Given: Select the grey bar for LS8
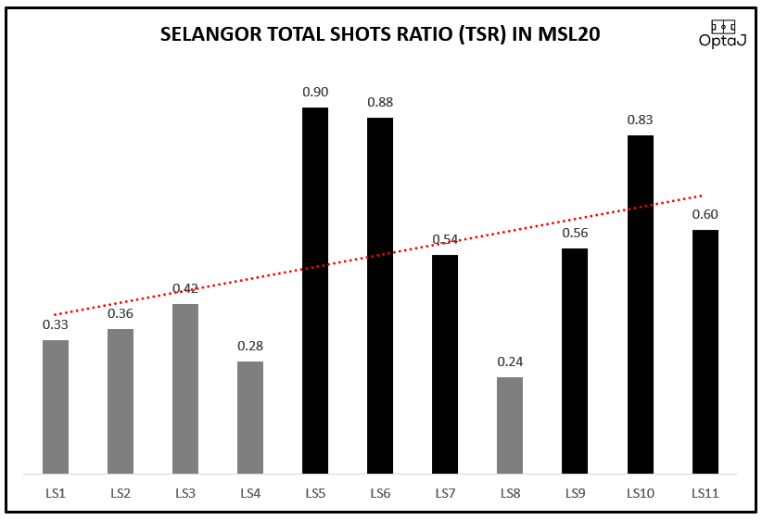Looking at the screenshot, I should (x=510, y=425).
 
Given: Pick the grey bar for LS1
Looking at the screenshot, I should (x=56, y=407).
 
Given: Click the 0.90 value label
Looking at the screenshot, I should (x=315, y=92).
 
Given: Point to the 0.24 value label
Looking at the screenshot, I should (x=510, y=361).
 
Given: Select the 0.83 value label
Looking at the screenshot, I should (x=640, y=120).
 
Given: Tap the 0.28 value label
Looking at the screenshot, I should (x=250, y=346).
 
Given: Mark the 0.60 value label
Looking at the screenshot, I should (x=705, y=214).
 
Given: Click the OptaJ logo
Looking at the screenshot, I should (x=724, y=34).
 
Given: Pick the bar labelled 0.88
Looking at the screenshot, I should (x=380, y=296).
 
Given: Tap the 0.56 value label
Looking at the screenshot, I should (x=575, y=233).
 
